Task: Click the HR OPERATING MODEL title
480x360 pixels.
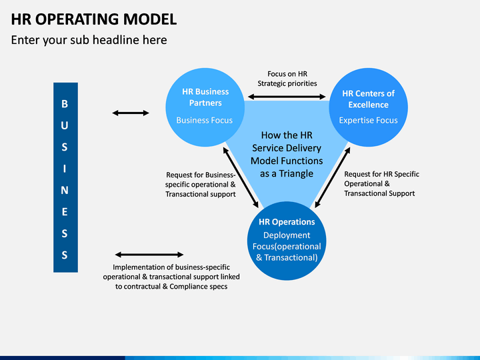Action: (94, 19)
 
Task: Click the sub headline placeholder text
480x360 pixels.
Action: (89, 40)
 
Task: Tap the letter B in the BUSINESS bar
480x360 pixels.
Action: (65, 104)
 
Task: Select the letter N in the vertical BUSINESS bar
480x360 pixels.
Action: (65, 191)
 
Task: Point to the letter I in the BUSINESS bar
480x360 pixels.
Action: (65, 169)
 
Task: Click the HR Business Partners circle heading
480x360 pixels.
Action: (205, 97)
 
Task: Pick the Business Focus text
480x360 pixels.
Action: (205, 120)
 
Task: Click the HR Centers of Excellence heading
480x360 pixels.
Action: (368, 99)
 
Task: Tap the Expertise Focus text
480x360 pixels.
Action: (368, 120)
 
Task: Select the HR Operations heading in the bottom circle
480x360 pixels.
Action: (287, 222)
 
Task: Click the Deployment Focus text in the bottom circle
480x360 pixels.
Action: (287, 247)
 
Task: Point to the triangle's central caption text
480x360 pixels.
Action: (287, 154)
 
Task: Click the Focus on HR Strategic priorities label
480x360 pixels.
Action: (287, 79)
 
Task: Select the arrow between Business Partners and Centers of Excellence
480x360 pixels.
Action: (287, 97)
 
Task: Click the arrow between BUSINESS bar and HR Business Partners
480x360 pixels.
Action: (131, 113)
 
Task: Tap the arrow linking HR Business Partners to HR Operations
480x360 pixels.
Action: (241, 177)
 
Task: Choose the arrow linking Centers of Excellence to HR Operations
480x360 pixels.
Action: (333, 177)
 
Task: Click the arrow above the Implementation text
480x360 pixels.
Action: (149, 255)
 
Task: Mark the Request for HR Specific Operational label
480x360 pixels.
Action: (381, 184)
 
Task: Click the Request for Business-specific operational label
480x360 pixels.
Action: (201, 185)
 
